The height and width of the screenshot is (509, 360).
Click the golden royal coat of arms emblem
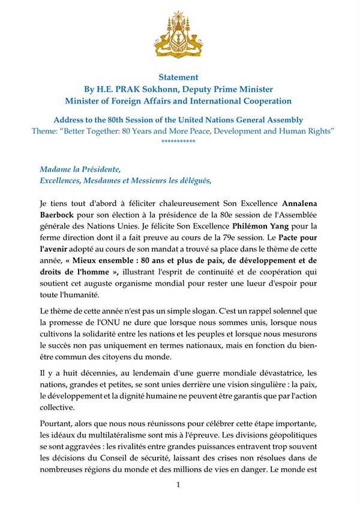(x=178, y=35)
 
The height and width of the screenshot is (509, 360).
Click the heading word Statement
(x=178, y=77)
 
